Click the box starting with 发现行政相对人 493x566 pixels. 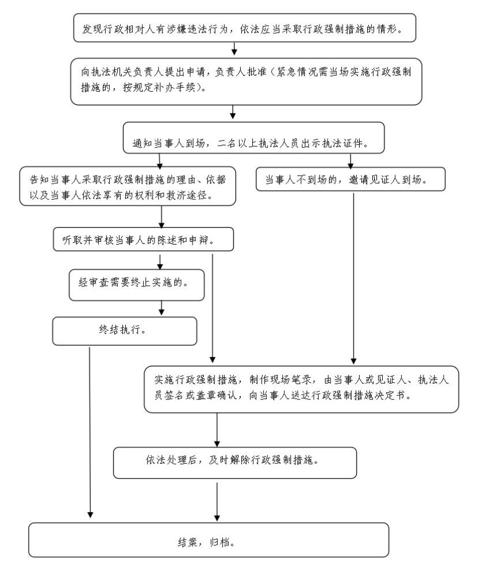coord(245,28)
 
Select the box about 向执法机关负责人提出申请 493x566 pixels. coord(246,82)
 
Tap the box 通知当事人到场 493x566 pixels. coord(253,138)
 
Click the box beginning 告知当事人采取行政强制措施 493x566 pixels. coord(128,186)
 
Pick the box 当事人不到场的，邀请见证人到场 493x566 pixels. coord(351,179)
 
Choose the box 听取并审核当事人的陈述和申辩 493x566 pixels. coord(143,239)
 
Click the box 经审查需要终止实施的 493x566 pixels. coord(137,285)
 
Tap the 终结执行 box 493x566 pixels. coord(125,331)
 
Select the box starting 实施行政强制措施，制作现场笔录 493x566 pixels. coord(302,390)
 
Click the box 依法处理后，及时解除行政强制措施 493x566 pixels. coord(235,463)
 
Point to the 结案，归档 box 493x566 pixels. coord(209,540)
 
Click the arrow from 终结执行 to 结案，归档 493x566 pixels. coord(90,432)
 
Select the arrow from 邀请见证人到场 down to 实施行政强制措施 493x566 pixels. coord(353,278)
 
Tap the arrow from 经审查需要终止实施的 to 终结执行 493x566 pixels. coord(161,308)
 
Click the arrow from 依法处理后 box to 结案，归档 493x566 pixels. coord(217,502)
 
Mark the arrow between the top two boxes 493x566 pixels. coord(234,49)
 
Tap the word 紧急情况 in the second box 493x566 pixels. coord(298,72)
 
